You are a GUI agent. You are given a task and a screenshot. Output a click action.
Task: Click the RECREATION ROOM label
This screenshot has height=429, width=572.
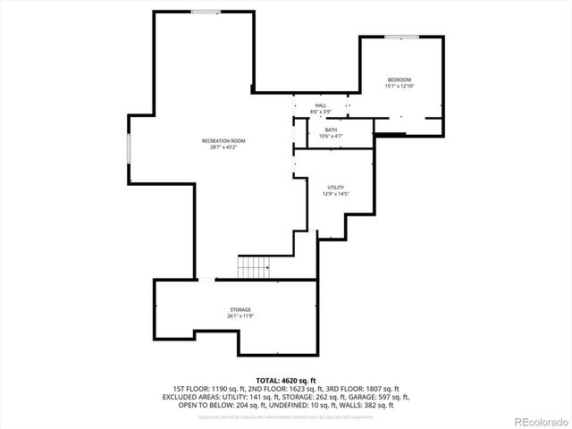tap(223, 141)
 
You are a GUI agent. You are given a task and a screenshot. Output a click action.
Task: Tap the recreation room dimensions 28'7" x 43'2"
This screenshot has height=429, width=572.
tap(223, 147)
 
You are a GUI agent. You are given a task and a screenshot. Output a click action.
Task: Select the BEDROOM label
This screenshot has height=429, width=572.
tap(400, 80)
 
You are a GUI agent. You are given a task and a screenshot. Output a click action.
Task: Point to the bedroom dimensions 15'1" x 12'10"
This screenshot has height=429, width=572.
tap(400, 87)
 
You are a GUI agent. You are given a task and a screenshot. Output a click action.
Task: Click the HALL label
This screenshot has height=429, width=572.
tap(320, 105)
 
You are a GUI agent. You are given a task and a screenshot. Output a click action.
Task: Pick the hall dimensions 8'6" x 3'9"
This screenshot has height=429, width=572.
tap(320, 112)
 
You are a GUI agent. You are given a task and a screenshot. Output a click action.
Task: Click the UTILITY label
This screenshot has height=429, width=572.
tap(335, 188)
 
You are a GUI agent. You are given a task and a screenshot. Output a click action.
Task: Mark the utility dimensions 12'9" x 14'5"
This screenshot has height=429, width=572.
tap(335, 194)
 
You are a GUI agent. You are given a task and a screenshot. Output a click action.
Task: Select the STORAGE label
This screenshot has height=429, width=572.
tap(239, 309)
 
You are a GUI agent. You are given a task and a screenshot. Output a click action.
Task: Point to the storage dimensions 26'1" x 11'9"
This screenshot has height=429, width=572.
tap(239, 315)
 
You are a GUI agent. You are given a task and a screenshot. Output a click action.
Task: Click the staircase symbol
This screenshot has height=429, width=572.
tap(254, 266)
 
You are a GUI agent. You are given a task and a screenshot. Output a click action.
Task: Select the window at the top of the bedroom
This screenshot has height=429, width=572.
tap(402, 37)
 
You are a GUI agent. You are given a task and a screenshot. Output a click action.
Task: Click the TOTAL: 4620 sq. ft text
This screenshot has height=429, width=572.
tap(286, 381)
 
